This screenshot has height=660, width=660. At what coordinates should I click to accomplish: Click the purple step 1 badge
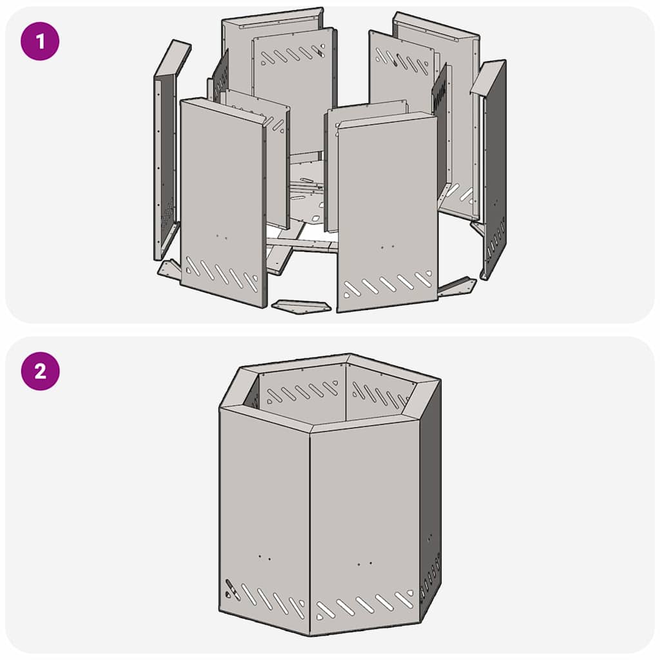click(40, 42)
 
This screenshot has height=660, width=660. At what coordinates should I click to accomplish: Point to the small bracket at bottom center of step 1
click(301, 306)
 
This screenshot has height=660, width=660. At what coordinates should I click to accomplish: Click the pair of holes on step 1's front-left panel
click(222, 237)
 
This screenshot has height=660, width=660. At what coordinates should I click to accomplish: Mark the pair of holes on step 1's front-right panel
click(387, 246)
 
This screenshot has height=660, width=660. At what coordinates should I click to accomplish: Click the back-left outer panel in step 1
click(271, 52)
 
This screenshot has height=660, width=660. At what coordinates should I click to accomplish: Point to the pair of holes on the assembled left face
click(264, 558)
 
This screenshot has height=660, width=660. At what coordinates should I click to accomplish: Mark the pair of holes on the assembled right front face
click(365, 564)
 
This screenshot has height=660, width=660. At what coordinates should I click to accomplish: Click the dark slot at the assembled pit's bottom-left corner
click(230, 588)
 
